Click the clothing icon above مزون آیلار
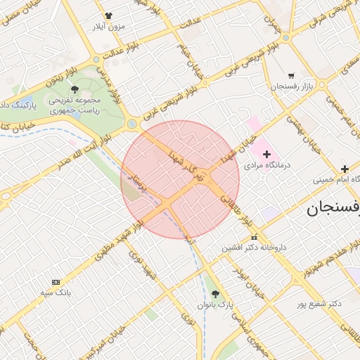[108, 15]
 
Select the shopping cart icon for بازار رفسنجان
[291, 75]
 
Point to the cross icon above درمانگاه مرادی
[266, 153]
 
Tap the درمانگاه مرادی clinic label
[266, 166]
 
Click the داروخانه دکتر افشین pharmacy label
[255, 247]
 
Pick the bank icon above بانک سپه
[56, 281]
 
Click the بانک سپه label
[56, 292]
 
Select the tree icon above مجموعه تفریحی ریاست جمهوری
[75, 89]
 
